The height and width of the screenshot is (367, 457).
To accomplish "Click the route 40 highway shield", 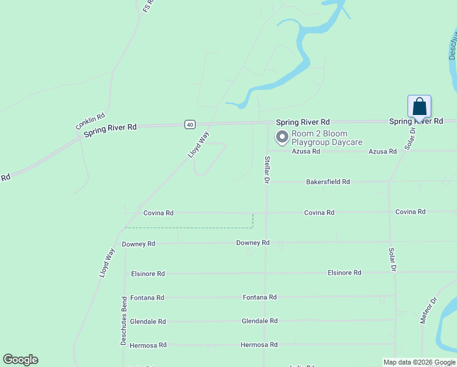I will tap(190, 124).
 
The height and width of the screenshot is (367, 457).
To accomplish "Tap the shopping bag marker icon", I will tap(419, 106).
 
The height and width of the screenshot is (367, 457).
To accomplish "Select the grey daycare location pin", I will tap(282, 138).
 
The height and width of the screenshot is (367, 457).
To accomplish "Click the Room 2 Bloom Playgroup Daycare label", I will tap(327, 138).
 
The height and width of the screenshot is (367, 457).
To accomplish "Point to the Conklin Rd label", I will tap(90, 120).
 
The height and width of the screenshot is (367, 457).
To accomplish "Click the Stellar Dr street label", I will tap(267, 169).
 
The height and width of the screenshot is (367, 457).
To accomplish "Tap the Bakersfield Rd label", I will tap(328, 182).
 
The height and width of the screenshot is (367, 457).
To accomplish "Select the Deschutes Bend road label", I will tap(123, 321).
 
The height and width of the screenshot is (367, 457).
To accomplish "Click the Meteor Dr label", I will tap(430, 310).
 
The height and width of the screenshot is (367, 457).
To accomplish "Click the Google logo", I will tap(20, 360).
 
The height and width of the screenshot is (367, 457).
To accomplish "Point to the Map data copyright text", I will tap(419, 362).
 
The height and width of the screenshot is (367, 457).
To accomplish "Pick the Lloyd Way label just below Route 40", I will tap(199, 145).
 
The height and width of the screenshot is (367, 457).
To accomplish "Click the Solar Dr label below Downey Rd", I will tap(393, 259).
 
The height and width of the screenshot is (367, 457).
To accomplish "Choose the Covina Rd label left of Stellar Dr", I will tap(158, 213).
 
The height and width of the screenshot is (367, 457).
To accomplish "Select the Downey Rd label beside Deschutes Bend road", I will tap(139, 243).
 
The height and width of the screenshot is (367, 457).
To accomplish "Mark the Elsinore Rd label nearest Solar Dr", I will tap(344, 273).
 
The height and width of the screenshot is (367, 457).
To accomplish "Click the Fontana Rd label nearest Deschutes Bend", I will tap(147, 298).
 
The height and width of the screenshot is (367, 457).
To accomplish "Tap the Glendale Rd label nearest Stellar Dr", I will tap(260, 321).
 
